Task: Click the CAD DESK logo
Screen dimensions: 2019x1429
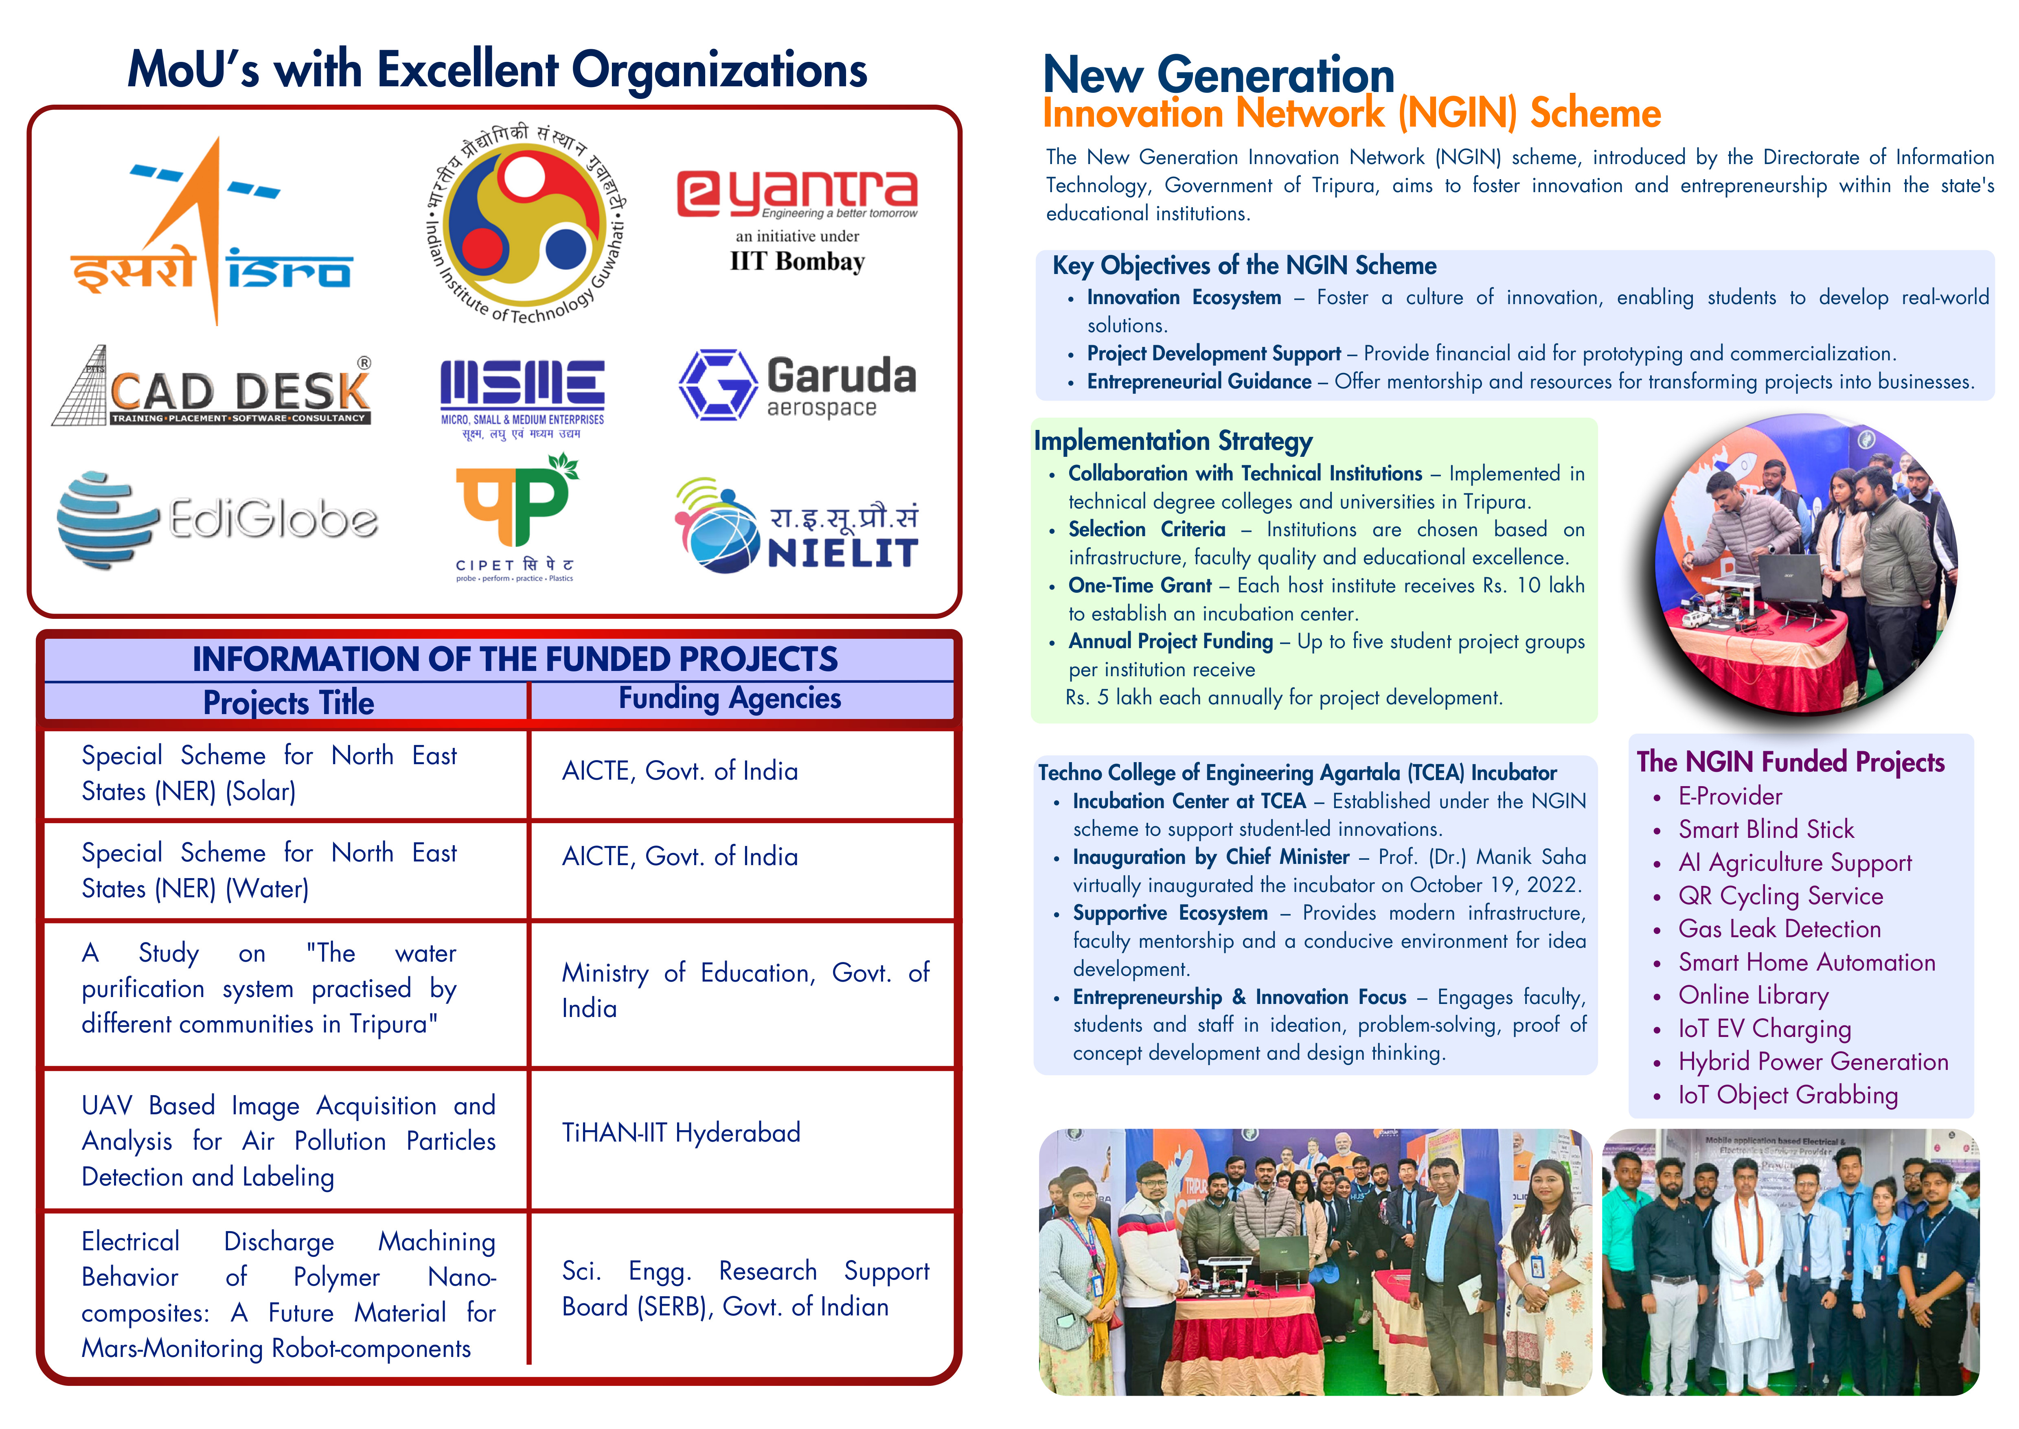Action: tap(212, 386)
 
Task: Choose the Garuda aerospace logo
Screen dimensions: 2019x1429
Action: tap(797, 386)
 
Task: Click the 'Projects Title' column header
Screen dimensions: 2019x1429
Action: tap(289, 702)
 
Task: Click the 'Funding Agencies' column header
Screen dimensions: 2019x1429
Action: tap(729, 698)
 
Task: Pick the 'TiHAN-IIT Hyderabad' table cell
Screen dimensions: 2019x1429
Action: tap(681, 1133)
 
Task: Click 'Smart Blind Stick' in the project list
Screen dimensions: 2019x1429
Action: tap(1766, 829)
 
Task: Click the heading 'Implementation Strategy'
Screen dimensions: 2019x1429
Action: tap(1173, 441)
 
